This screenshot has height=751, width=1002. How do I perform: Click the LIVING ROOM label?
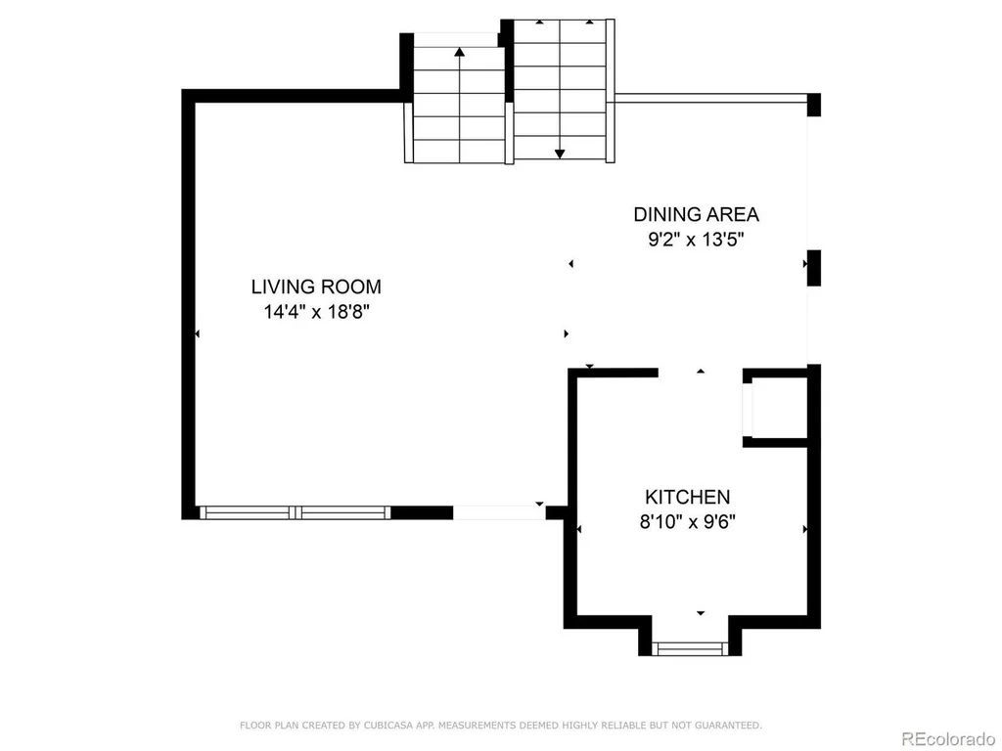(x=316, y=287)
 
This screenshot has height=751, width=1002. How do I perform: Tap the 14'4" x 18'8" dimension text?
(x=317, y=312)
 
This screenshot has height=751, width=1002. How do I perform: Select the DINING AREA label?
(x=696, y=214)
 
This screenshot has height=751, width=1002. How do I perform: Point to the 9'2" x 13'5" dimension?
(x=696, y=241)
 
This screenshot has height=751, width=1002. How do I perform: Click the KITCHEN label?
(x=687, y=497)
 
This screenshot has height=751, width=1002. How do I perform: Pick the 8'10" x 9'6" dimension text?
(x=688, y=522)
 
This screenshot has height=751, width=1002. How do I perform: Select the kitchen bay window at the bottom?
(x=690, y=649)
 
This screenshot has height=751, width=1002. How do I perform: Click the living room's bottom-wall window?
(x=295, y=512)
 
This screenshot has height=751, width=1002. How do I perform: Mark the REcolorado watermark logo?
(x=947, y=739)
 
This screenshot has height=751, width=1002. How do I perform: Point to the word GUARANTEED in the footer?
(x=728, y=726)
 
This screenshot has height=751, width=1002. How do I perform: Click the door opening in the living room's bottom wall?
(x=499, y=512)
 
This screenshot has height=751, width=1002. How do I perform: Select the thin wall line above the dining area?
(x=710, y=99)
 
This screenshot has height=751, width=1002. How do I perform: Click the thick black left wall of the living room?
(x=189, y=304)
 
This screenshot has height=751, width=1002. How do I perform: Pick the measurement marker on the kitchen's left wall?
(x=579, y=529)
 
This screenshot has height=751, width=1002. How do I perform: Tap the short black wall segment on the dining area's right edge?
(x=813, y=268)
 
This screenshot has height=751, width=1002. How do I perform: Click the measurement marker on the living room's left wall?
(x=198, y=333)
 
